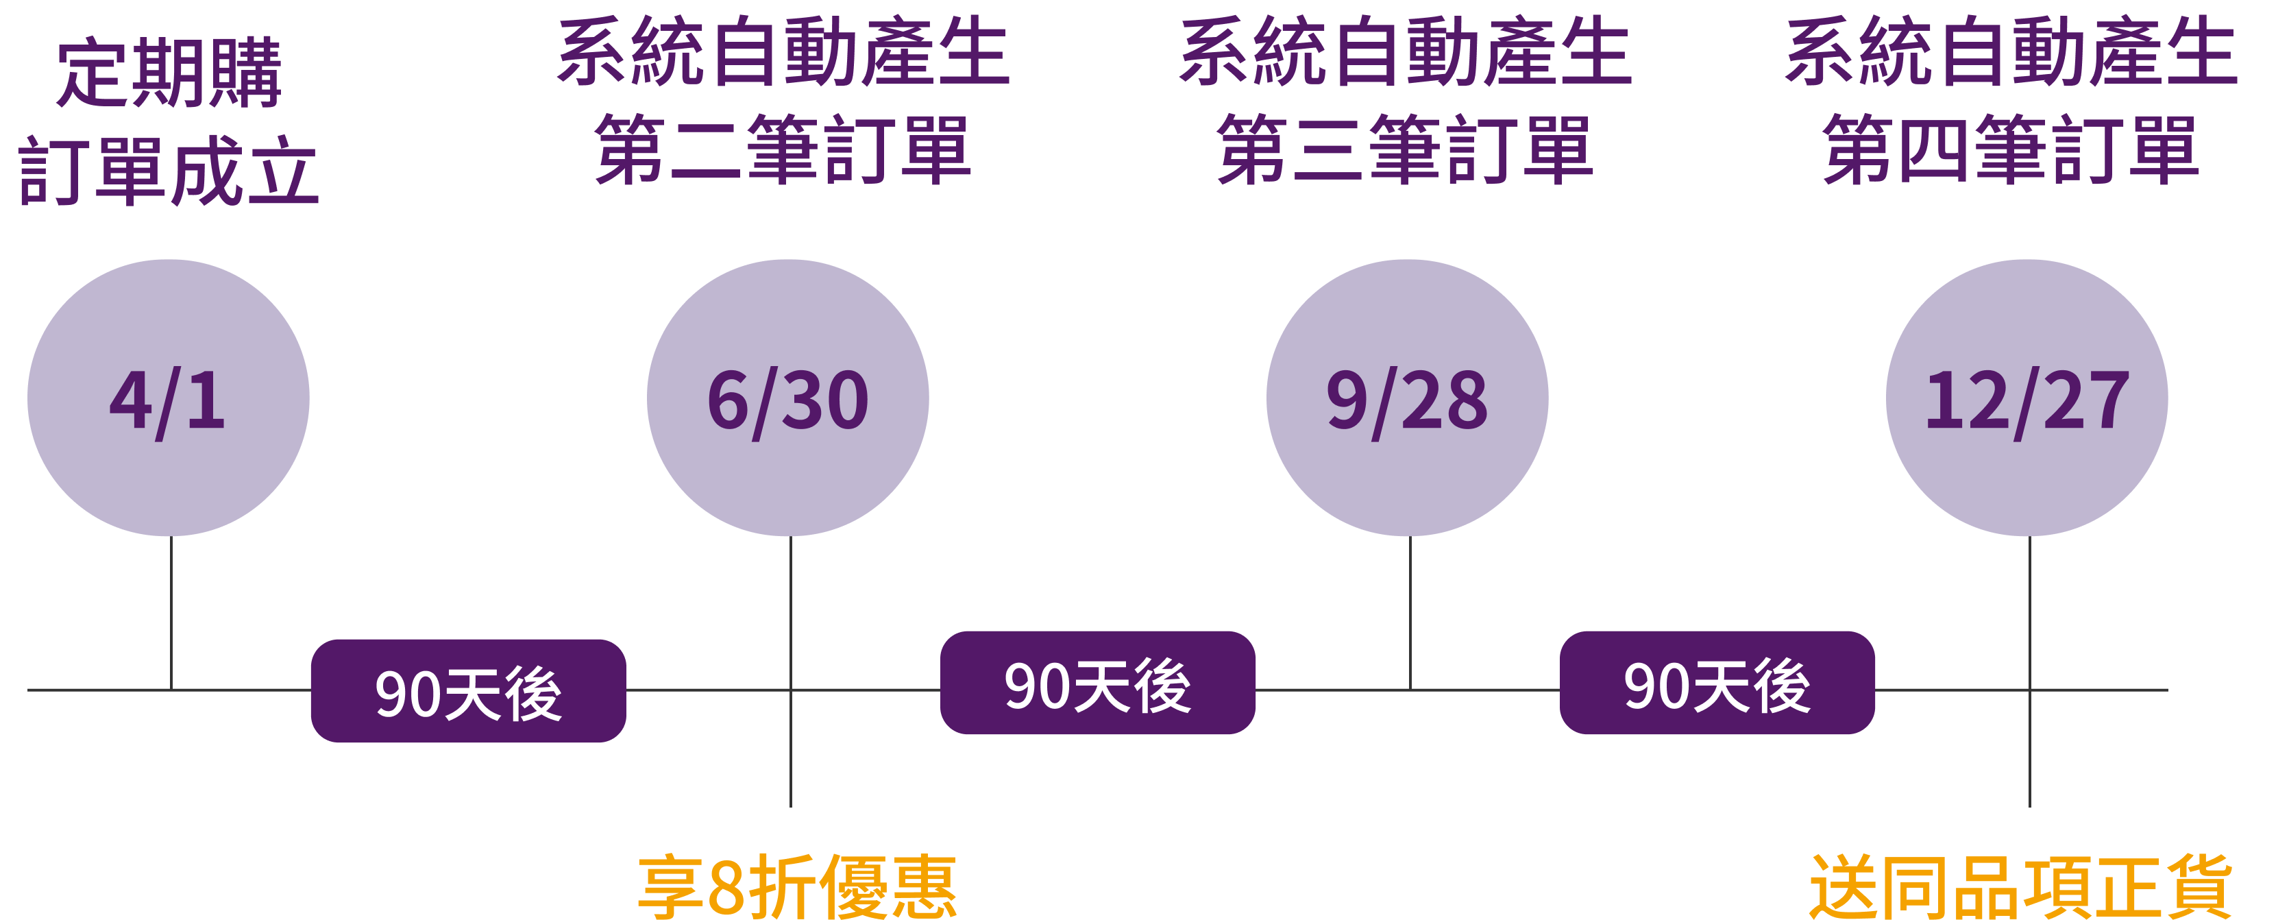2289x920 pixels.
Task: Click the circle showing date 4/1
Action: coord(168,398)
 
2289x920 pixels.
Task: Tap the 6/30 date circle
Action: coord(787,398)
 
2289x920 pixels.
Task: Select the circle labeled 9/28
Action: coord(1406,398)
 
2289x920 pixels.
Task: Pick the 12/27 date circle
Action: coord(2026,398)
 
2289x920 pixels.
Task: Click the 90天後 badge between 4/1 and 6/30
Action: coord(468,690)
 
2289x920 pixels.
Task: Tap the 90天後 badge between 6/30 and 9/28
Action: coord(1097,683)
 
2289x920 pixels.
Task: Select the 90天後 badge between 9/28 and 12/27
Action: coord(1717,683)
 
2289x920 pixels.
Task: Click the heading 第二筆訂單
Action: coord(783,149)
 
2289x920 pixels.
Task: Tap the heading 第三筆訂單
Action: coord(1405,149)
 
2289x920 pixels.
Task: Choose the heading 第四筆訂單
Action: coord(2010,149)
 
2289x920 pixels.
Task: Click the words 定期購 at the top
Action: coord(169,73)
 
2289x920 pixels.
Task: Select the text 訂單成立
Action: coord(169,171)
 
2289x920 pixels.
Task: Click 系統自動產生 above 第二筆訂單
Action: coord(783,53)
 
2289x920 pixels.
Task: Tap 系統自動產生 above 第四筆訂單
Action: coord(2010,53)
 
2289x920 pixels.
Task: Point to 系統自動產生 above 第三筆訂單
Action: coord(1405,53)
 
